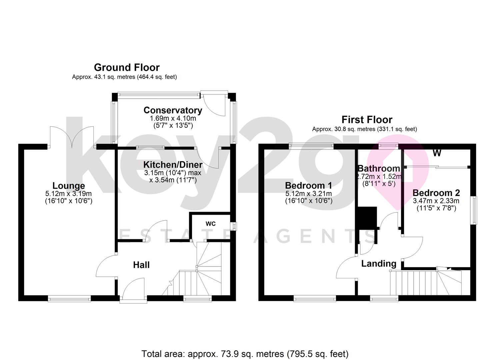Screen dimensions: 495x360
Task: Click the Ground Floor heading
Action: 127,68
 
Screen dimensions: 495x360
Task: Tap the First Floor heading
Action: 367,120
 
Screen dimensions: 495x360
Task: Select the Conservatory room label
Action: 173,110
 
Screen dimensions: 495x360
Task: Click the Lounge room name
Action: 69,186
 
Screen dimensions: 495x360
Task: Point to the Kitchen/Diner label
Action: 173,165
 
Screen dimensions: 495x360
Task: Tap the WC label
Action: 210,224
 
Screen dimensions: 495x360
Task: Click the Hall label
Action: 141,265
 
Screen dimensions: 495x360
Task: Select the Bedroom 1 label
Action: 308,186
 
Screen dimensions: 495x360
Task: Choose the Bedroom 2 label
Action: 436,193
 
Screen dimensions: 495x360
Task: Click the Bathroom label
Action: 379,169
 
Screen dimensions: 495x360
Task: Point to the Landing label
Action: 379,264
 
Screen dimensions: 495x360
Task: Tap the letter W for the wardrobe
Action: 437,153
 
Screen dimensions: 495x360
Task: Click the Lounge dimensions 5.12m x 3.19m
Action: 69,194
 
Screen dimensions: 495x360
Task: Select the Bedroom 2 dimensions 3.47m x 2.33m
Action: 436,201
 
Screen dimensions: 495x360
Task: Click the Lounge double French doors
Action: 72,137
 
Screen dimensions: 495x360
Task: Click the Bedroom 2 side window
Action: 474,211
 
